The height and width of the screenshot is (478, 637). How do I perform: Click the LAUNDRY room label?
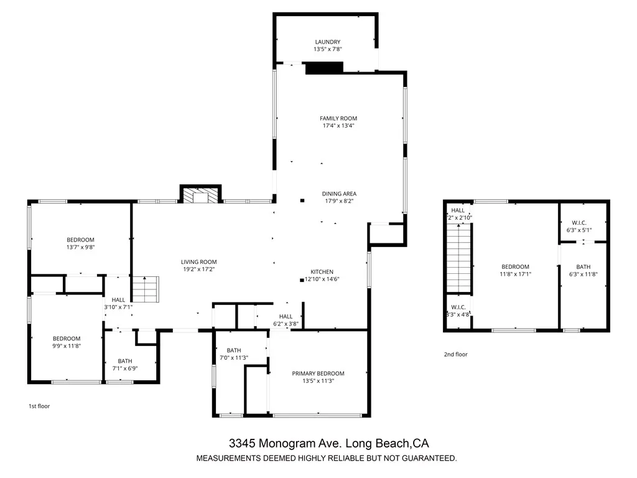point(327,42)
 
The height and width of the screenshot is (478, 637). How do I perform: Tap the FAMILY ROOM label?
point(338,118)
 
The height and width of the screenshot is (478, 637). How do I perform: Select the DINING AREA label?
point(339,194)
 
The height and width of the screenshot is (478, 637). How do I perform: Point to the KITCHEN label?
point(322,272)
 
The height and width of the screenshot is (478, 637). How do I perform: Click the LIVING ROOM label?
point(199,262)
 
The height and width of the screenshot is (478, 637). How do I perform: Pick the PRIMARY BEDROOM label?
point(318,373)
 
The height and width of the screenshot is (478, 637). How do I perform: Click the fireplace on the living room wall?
point(200,195)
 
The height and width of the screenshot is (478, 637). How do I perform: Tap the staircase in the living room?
point(147,288)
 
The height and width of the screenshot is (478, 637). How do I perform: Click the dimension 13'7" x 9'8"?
point(81,247)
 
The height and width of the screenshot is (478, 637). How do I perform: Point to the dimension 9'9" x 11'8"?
point(66,345)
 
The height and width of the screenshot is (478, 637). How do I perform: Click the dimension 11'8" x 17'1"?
point(516,274)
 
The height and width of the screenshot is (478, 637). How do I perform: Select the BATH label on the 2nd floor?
point(583,267)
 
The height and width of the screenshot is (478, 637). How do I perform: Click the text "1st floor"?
point(39,406)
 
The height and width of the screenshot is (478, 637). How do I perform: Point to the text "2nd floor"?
point(455,354)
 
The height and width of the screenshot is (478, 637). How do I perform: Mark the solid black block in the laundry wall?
point(324,68)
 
